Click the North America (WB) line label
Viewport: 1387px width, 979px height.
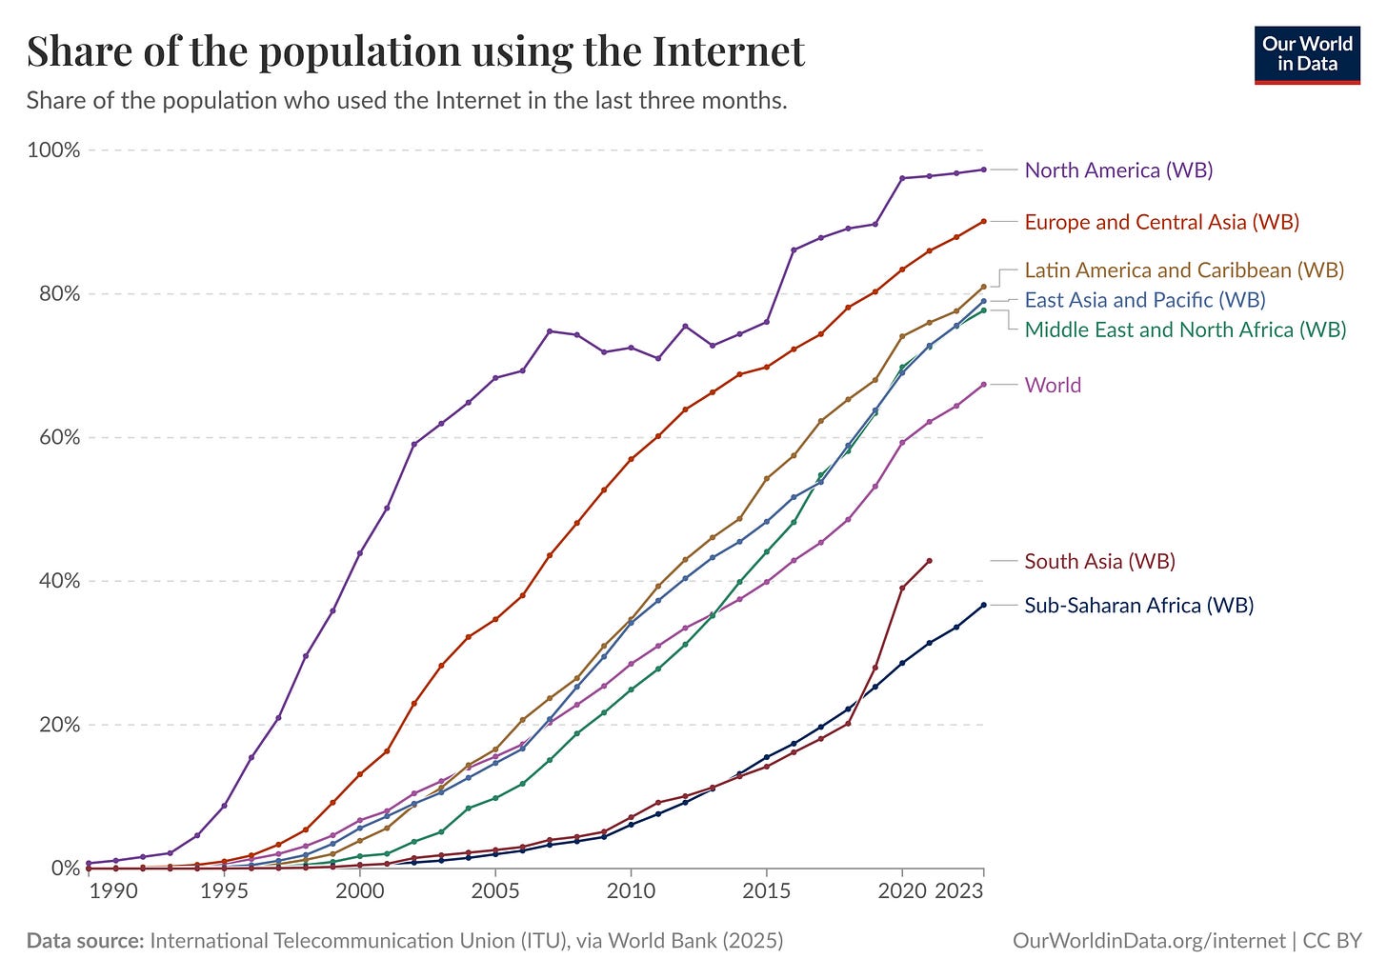[1118, 170]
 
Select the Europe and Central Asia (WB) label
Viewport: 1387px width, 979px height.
[1161, 222]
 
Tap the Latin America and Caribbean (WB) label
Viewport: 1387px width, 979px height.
[1184, 270]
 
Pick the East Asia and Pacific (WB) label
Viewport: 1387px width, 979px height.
[1145, 300]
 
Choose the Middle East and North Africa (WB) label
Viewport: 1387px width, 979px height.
[1185, 330]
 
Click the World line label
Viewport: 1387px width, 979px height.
[1053, 385]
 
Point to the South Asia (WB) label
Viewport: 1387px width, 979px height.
[1099, 561]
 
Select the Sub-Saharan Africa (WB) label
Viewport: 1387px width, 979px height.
[1138, 605]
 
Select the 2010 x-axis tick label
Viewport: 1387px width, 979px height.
[631, 891]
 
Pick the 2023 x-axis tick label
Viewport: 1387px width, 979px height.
[959, 891]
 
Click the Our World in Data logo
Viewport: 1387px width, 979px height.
[1307, 54]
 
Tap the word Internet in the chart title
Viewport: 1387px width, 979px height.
[729, 51]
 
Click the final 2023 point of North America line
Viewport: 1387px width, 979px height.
[983, 170]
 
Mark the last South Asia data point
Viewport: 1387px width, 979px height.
[929, 561]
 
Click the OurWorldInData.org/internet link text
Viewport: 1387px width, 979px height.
[1148, 941]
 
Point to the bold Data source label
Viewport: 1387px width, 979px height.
[85, 941]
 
